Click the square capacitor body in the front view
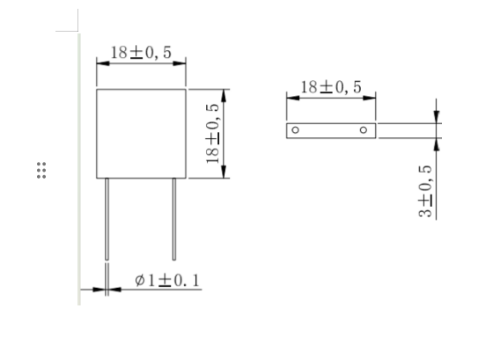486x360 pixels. click(x=141, y=132)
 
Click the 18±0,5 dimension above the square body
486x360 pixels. click(x=141, y=52)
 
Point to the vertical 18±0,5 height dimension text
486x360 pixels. click(x=212, y=133)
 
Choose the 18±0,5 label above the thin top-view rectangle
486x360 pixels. click(x=331, y=87)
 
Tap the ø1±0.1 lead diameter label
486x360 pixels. click(x=167, y=280)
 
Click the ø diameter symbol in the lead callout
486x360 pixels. click(x=140, y=280)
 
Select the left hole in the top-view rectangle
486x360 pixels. click(x=296, y=130)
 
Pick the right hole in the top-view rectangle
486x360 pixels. click(x=364, y=130)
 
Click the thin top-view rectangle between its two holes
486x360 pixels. click(x=330, y=130)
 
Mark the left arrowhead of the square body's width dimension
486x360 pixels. click(x=100, y=63)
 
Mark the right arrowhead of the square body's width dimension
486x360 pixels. click(x=181, y=63)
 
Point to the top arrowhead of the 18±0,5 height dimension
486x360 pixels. click(x=225, y=93)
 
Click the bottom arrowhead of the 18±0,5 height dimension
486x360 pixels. click(x=225, y=172)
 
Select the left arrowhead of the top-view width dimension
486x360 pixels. click(x=291, y=98)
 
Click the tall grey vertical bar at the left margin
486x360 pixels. click(x=78, y=167)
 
